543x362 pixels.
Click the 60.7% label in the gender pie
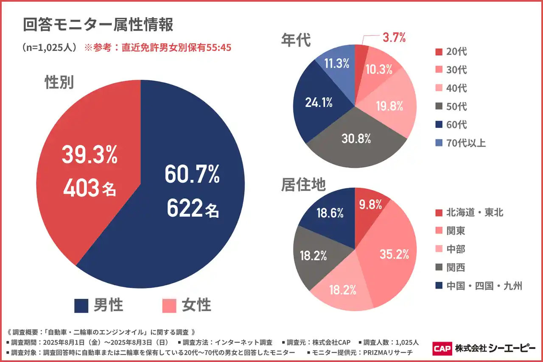pyautogui.click(x=192, y=175)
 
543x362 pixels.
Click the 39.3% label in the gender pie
pyautogui.click(x=90, y=155)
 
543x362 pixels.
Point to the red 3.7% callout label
pyautogui.click(x=394, y=37)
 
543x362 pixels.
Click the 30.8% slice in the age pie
pyautogui.click(x=356, y=138)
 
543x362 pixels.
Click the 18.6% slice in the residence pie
pyautogui.click(x=330, y=213)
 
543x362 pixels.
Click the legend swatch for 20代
pyautogui.click(x=439, y=52)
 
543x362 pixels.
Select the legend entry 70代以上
pyautogui.click(x=466, y=143)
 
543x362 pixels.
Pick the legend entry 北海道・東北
pyautogui.click(x=475, y=212)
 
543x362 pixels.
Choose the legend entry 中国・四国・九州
pyautogui.click(x=484, y=286)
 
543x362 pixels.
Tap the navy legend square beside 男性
pyautogui.click(x=81, y=306)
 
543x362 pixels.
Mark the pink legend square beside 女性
pyautogui.click(x=169, y=306)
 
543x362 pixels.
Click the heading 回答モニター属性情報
pyautogui.click(x=98, y=25)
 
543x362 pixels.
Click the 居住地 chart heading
pyautogui.click(x=303, y=185)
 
